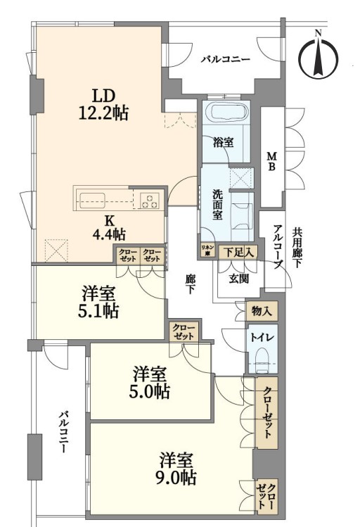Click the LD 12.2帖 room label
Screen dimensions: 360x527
(x=103, y=105)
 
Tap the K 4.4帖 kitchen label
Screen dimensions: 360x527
(x=109, y=227)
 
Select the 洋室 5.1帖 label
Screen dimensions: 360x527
(x=98, y=303)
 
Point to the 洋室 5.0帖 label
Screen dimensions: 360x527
(x=149, y=383)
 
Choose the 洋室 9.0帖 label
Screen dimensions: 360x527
(x=178, y=469)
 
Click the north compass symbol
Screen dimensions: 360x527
(x=319, y=55)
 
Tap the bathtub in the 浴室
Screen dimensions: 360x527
(x=226, y=112)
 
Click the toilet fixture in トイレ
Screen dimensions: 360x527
(x=263, y=360)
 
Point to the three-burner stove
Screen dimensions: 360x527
(x=150, y=201)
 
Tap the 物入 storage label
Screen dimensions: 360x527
(x=262, y=311)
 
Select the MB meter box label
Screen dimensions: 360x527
(x=271, y=162)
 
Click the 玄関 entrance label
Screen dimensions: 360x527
(x=239, y=279)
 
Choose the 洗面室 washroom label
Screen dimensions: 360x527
(x=217, y=204)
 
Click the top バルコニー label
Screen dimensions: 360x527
(x=226, y=60)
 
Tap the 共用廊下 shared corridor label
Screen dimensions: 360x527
(x=297, y=248)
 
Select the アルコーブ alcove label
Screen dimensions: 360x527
(x=278, y=247)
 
